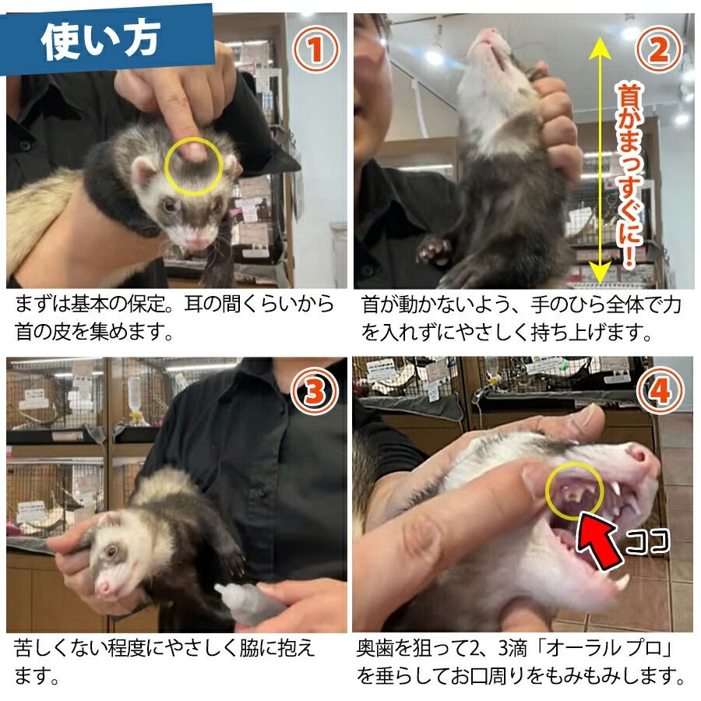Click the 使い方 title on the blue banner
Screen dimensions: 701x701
click(x=100, y=41)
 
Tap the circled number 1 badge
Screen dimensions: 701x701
click(x=315, y=49)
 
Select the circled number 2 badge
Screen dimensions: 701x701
click(x=659, y=49)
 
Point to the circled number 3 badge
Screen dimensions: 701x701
click(x=315, y=392)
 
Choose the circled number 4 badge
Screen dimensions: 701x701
click(x=660, y=391)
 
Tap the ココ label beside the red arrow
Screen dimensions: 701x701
click(x=647, y=541)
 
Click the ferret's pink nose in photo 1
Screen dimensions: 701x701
click(x=198, y=243)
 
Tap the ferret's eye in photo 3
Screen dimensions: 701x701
click(x=111, y=551)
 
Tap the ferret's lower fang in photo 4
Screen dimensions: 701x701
click(x=622, y=582)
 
